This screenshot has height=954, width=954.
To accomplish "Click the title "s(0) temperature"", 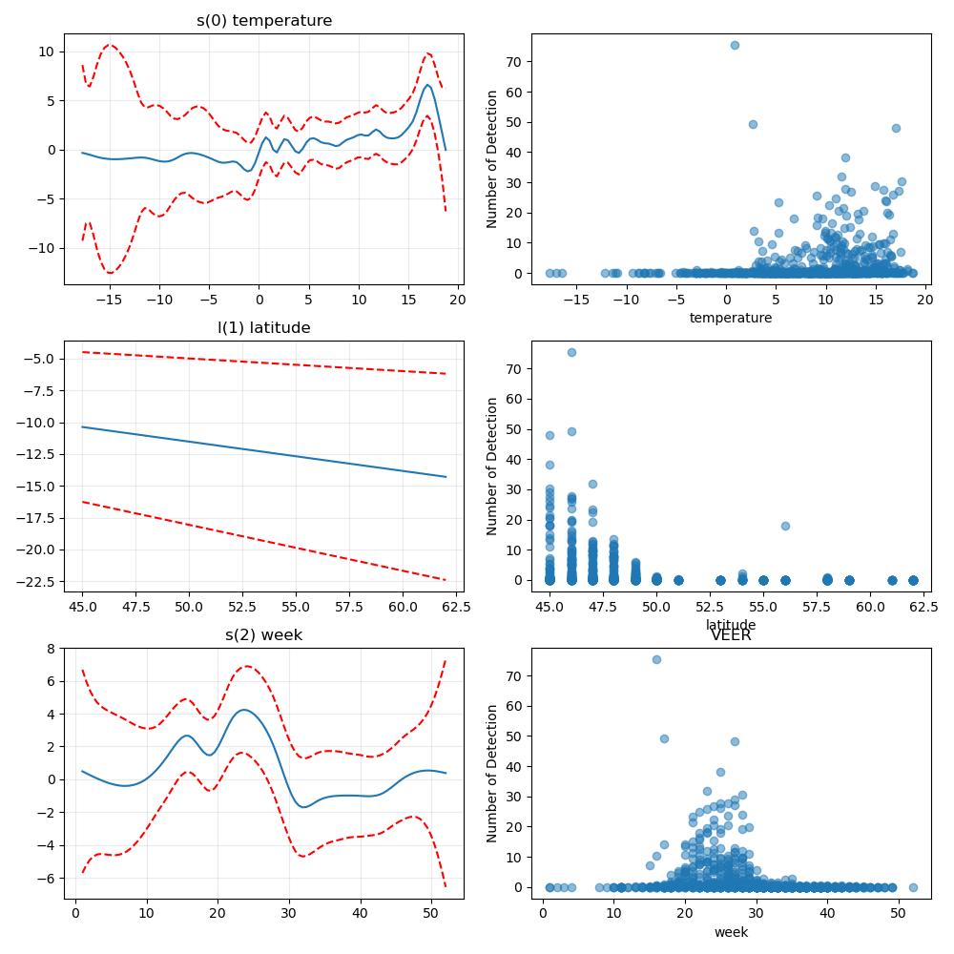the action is [264, 21].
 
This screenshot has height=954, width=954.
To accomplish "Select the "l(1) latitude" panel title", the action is [264, 328].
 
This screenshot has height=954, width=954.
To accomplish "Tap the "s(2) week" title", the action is [264, 635].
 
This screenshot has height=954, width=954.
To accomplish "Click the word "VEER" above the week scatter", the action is [731, 635].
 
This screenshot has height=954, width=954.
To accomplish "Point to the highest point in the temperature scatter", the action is [735, 45].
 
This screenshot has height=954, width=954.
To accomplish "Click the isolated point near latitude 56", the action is [785, 526].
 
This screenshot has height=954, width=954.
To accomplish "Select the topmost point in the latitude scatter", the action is [571, 352].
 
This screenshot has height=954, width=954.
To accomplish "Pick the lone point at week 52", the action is [913, 887].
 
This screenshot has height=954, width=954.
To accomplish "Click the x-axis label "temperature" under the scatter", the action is [731, 318].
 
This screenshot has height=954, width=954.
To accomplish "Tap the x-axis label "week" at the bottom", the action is [732, 932].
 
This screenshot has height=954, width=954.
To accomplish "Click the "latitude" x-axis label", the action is [731, 624].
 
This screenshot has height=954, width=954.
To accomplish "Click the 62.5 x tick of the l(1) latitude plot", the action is [456, 607].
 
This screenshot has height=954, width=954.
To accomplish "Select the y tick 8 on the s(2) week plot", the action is [52, 649].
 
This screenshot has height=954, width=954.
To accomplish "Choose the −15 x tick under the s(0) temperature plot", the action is [110, 300].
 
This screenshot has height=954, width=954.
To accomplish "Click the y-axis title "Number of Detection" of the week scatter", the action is [491, 774].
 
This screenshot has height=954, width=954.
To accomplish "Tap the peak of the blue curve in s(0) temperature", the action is [427, 85].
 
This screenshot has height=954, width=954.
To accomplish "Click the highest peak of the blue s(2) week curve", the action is [244, 710].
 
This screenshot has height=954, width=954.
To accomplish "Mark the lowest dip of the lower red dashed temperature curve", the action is [110, 273].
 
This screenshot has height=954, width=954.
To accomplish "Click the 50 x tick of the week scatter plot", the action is [898, 913].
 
